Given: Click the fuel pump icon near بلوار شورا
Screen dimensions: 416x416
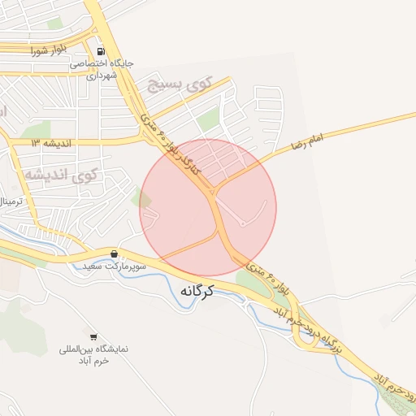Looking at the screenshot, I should click(101, 50).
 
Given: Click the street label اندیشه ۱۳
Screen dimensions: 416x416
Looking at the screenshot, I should click(52, 142).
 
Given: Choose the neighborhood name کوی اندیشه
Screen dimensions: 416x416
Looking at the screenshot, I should click(60, 174).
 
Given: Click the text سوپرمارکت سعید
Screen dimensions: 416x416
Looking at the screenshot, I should click(115, 266).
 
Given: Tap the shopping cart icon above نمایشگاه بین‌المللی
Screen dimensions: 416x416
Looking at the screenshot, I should click(93, 336).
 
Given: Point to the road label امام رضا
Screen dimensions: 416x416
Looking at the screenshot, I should click(305, 142).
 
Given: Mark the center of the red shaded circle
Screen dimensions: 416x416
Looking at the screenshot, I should click(208, 207).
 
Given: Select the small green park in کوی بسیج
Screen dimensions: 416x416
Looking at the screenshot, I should click(209, 120).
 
